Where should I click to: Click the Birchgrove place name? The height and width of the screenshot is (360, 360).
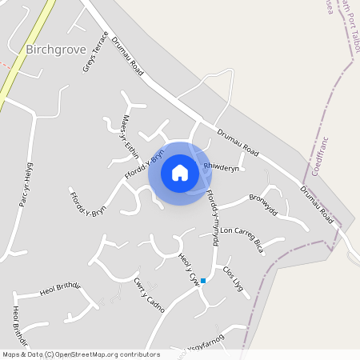point(54,49)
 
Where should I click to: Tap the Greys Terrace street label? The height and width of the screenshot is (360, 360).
point(95,52)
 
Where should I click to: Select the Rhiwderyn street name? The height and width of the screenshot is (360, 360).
point(221,168)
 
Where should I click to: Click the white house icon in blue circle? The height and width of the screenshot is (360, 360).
point(179,173)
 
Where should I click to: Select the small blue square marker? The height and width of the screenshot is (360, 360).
point(203,280)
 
